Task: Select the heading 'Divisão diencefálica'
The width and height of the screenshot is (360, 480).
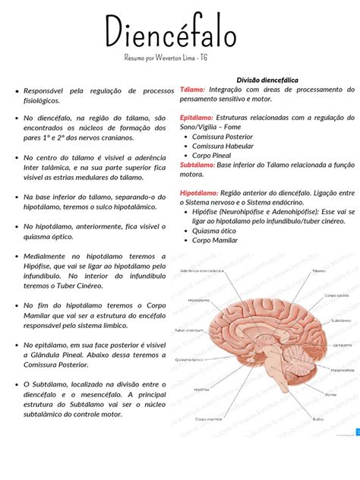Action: pyautogui.click(x=267, y=80)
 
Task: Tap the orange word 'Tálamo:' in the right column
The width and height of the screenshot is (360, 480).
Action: pyautogui.click(x=193, y=89)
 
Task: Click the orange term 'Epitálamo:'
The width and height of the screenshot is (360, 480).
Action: pyautogui.click(x=197, y=118)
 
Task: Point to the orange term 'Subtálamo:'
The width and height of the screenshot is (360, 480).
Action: pyautogui.click(x=197, y=164)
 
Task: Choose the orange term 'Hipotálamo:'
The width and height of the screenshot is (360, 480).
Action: pyautogui.click(x=200, y=194)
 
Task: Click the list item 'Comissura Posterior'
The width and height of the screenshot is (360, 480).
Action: pyautogui.click(x=228, y=137)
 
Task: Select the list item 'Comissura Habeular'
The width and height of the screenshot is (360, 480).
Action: pyautogui.click(x=228, y=146)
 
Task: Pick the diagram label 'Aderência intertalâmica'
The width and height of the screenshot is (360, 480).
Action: pyautogui.click(x=201, y=270)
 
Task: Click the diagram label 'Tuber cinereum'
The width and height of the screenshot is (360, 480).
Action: pyautogui.click(x=189, y=330)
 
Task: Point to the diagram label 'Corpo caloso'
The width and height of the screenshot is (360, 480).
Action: pyautogui.click(x=336, y=295)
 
